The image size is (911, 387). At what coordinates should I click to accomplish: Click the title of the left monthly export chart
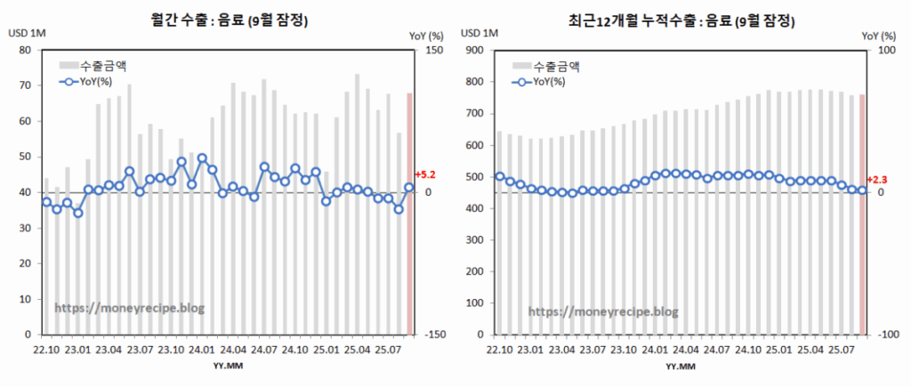[x=230, y=19]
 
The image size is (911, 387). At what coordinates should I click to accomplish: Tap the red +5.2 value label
[x=425, y=175]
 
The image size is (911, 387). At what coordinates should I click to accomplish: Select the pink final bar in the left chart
[x=409, y=214]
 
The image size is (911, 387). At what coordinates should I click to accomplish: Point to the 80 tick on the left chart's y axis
[x=26, y=50]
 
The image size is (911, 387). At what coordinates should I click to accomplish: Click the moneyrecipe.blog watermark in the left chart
[x=130, y=308]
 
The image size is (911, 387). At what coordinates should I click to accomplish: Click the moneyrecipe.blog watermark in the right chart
[x=603, y=311]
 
